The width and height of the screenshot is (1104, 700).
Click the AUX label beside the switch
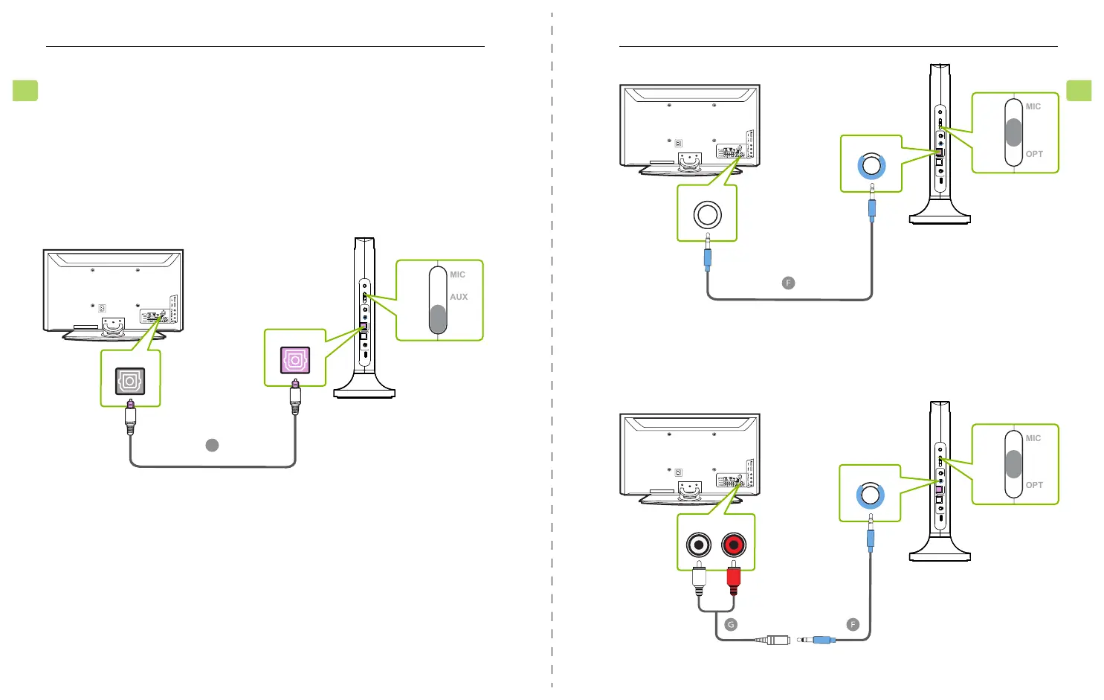point(459,297)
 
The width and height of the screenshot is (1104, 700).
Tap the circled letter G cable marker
point(731,625)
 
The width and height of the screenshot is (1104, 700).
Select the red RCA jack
point(734,545)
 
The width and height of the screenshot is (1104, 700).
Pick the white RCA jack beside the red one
point(699,545)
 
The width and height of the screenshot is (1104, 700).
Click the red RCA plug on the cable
point(734,579)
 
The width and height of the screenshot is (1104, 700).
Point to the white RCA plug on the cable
point(699,579)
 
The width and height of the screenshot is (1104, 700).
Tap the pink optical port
point(295,361)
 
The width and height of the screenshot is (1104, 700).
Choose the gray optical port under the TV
point(130,382)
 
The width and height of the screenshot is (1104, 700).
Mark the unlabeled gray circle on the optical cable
point(212,445)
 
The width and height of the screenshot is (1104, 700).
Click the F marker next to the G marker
point(853,625)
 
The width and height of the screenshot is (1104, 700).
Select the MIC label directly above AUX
point(457,274)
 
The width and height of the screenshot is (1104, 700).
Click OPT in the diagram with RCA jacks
point(1034,485)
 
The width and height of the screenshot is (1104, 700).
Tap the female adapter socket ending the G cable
point(778,640)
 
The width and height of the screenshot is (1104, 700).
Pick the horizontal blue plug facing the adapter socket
point(823,640)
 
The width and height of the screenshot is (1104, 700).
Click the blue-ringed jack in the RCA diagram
point(870,495)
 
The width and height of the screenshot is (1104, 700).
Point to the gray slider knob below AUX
point(438,319)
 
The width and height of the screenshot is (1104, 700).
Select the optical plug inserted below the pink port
point(295,398)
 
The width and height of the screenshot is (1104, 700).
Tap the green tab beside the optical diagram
point(25,91)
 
